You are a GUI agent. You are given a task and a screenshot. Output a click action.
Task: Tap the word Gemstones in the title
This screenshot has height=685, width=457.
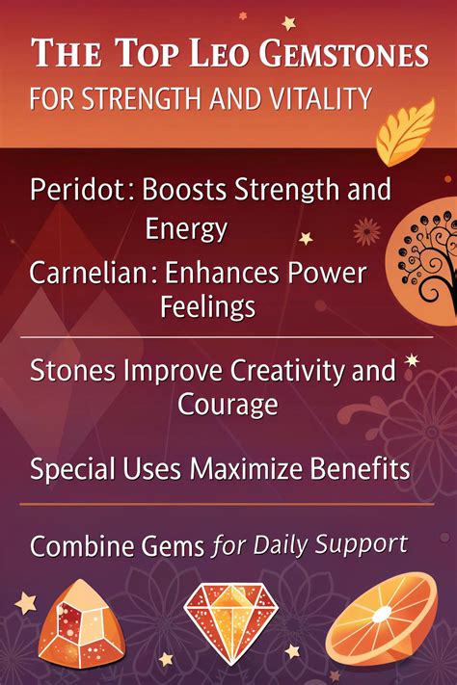tap(344, 54)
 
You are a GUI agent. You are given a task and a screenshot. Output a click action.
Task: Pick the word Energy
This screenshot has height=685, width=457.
tap(186, 229)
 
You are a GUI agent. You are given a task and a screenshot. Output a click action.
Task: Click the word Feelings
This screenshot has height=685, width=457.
tap(208, 306)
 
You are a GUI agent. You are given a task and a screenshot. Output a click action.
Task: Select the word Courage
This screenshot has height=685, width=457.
tap(228, 405)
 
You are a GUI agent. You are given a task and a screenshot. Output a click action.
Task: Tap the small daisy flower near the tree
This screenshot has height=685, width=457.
tap(366, 231)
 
